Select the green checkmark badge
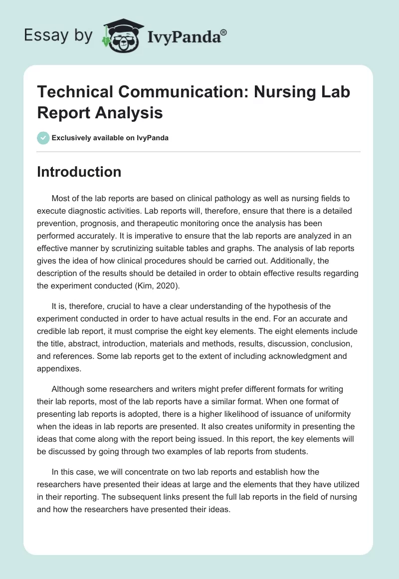click(x=43, y=138)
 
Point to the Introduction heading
click(x=79, y=172)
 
